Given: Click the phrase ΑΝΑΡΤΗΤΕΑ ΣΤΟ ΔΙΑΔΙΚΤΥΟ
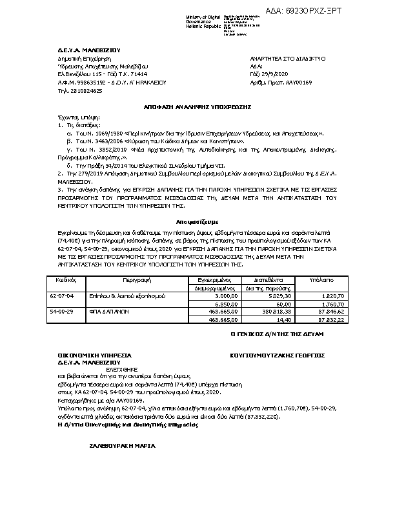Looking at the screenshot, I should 287,58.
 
